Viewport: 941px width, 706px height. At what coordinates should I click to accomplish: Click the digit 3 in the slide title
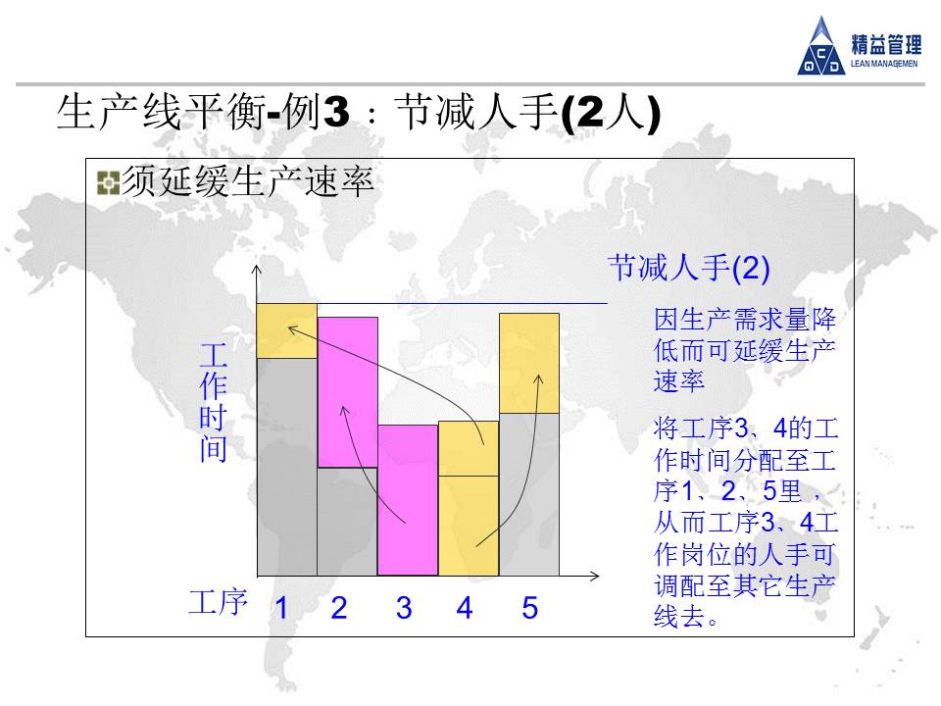click(335, 111)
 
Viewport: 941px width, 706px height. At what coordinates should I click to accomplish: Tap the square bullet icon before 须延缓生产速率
click(108, 183)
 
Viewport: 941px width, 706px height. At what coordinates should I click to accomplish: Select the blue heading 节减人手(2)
click(689, 268)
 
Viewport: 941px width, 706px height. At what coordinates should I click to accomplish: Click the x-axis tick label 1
click(281, 608)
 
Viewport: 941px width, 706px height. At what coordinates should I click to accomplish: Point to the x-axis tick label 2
click(339, 608)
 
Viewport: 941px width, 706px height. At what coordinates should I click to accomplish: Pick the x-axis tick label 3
click(404, 608)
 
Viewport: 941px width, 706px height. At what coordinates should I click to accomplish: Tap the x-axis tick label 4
click(465, 608)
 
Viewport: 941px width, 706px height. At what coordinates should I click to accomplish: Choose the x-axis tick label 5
click(529, 608)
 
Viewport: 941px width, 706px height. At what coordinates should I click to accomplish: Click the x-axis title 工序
click(219, 602)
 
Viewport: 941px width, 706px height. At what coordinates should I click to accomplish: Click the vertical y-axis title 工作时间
click(213, 402)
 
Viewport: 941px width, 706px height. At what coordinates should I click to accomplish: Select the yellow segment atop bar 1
click(287, 331)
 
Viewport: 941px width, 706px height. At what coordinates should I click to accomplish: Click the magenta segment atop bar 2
click(347, 392)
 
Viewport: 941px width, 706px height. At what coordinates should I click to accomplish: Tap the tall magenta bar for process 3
click(408, 500)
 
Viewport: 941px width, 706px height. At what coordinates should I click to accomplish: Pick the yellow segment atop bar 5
click(529, 363)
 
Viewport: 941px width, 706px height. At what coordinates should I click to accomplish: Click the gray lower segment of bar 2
click(347, 522)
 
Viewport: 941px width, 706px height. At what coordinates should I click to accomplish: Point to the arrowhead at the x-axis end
click(595, 577)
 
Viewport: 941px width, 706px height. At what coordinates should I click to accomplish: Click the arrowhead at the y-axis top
click(257, 270)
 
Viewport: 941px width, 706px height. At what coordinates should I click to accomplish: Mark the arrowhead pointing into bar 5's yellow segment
click(538, 379)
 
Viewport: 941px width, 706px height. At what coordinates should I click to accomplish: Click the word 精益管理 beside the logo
click(886, 44)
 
